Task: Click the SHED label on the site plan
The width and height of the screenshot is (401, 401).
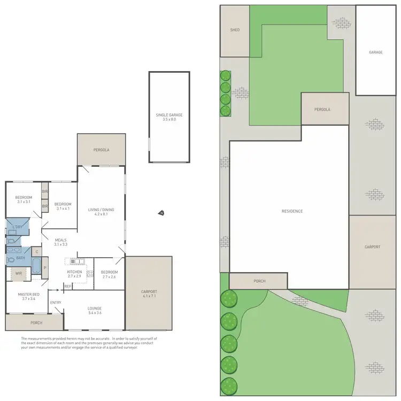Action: (x=234, y=30)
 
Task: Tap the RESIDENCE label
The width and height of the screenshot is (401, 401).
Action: (x=292, y=211)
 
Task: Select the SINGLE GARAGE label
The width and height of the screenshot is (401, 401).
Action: (x=168, y=115)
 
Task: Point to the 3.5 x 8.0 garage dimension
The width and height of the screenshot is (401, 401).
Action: (x=168, y=120)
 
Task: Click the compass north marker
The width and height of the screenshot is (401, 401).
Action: (x=161, y=213)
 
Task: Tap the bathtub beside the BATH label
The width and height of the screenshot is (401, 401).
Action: (x=36, y=266)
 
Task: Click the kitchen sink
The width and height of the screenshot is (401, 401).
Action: (x=74, y=261)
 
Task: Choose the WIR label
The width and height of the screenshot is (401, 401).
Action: (x=18, y=273)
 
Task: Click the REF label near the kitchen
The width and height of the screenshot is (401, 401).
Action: (x=68, y=287)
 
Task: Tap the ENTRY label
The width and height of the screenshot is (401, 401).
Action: (x=56, y=303)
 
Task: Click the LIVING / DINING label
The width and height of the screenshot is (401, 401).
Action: (x=101, y=210)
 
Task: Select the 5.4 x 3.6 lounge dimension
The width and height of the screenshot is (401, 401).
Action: (x=95, y=313)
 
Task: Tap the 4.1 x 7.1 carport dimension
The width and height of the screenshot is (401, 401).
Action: (x=149, y=296)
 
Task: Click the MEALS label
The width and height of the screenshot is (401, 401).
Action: (x=60, y=240)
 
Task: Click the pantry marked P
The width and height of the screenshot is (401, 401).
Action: (x=45, y=267)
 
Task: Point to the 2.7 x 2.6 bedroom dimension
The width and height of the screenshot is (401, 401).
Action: (x=109, y=276)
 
